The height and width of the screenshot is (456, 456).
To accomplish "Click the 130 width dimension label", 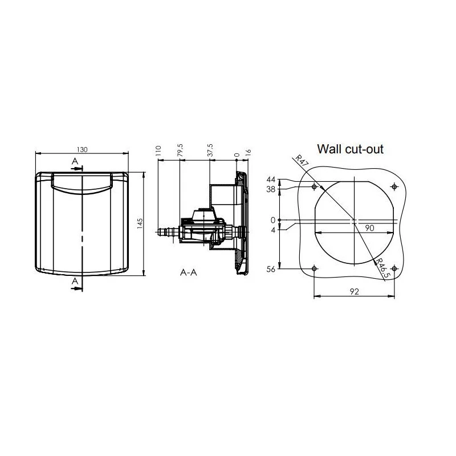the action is point(82,149).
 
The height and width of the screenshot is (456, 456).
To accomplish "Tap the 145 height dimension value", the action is point(140,223).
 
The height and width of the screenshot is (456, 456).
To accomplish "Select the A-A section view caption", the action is point(189,272).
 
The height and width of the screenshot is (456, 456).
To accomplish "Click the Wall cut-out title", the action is point(350,149).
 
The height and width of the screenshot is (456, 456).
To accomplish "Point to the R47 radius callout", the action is point(302,160).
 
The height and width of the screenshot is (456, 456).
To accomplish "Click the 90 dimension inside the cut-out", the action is point(369,228).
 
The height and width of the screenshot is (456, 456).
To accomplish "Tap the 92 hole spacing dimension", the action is point(354,291).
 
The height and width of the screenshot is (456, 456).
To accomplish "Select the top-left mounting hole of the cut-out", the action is point(314,186).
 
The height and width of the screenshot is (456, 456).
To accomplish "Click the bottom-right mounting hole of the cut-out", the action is point(394,268).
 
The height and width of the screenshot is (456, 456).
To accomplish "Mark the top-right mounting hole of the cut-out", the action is point(394,186).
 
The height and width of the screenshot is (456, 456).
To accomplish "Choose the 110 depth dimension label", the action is point(158,151).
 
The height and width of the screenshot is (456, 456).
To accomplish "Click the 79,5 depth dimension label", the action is point(180,150).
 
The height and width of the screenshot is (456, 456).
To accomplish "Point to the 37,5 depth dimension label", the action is point(210,150).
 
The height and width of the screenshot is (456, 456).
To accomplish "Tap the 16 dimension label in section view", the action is point(248,152).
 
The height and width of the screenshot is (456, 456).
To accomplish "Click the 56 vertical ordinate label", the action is point(271,269).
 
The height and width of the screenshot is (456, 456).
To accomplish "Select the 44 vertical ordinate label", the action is point(271,180).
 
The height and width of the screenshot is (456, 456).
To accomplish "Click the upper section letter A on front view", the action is point(75,161).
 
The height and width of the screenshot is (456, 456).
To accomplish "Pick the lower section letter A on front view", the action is point(75,281).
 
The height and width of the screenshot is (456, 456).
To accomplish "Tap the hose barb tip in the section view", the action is point(160,232).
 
